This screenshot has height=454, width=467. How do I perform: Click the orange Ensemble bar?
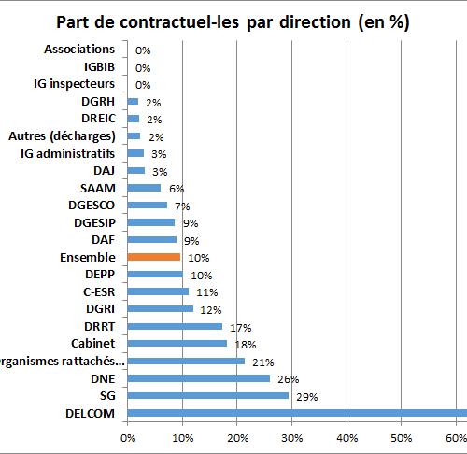click(x=154, y=257)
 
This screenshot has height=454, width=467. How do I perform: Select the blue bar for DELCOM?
click(x=297, y=413)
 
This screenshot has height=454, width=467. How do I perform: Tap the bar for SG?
click(x=208, y=395)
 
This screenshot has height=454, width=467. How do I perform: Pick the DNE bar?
click(x=199, y=378)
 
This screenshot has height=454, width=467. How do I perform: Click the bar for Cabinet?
click(x=177, y=343)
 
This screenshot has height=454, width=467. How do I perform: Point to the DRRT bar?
click(x=175, y=326)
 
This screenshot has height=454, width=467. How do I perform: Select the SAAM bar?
click(x=144, y=188)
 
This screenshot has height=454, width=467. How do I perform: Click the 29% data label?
click(x=307, y=397)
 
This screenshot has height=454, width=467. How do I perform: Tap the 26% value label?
click(x=289, y=379)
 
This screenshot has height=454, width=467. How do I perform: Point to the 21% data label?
click(x=263, y=362)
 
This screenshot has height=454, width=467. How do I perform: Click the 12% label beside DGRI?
click(x=211, y=310)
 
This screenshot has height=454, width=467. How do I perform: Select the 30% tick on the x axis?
click(x=291, y=438)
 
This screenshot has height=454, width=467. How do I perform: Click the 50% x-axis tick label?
click(x=402, y=438)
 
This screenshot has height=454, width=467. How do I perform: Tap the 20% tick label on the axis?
click(x=237, y=438)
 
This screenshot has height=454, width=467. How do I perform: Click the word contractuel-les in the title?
click(x=179, y=22)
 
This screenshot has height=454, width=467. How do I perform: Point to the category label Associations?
click(x=79, y=50)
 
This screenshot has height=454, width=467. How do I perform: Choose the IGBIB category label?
click(x=100, y=67)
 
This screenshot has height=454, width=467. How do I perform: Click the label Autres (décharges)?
click(x=62, y=136)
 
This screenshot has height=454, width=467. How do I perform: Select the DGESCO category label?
click(x=92, y=206)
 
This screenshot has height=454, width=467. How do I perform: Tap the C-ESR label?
click(x=99, y=292)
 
